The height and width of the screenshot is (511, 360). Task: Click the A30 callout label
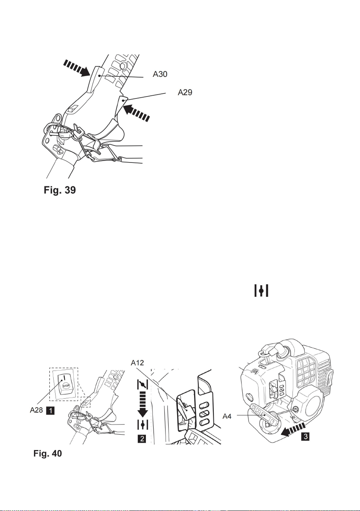[x=160, y=74]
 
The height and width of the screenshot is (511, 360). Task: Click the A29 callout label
[x=185, y=92]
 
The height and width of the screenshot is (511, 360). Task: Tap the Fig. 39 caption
[x=60, y=190]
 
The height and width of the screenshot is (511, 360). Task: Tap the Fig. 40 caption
[x=48, y=453]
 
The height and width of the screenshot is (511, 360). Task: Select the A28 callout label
[x=36, y=410]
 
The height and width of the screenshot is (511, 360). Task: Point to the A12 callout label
[x=137, y=362]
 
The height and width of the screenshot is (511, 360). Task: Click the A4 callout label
[x=227, y=416]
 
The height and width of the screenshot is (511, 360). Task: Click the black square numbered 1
[x=50, y=411]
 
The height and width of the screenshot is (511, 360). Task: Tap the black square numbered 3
[x=306, y=437]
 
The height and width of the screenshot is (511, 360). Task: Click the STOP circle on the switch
[x=66, y=386]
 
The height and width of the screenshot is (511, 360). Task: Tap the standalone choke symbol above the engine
[x=261, y=290]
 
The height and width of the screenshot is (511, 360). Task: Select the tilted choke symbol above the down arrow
[x=143, y=385]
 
